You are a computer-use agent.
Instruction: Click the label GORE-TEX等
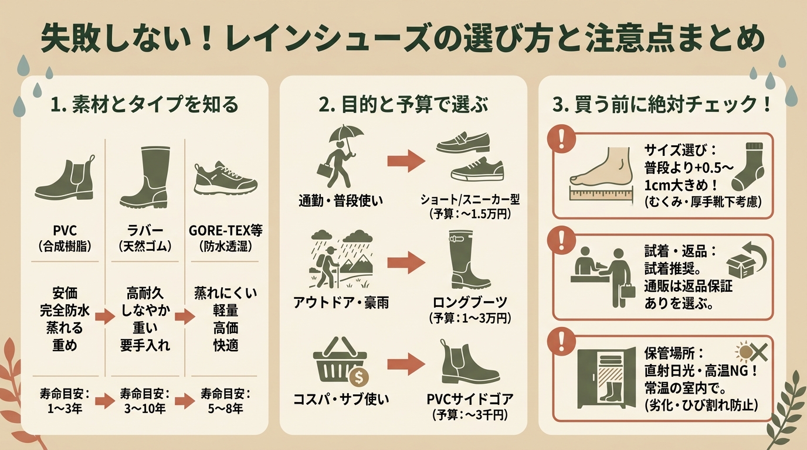(226, 229)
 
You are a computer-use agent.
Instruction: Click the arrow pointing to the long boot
(406, 263)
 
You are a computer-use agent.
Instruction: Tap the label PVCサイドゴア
(471, 400)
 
